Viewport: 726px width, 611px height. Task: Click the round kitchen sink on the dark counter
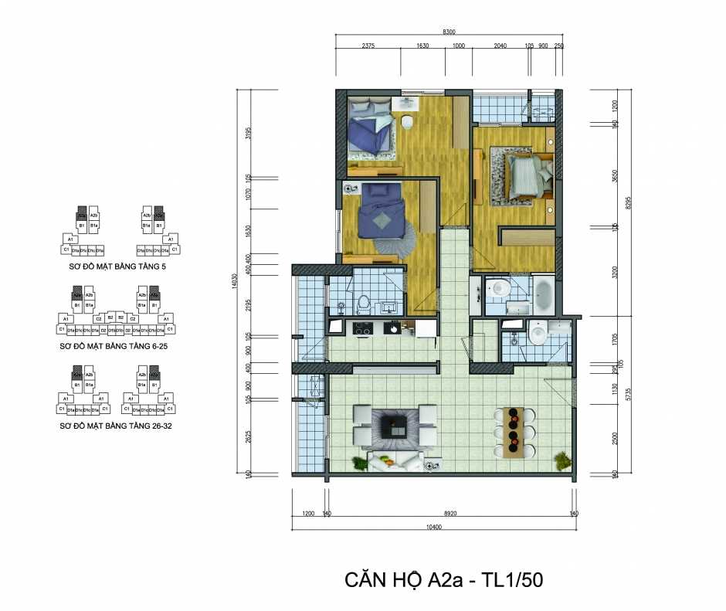(x=395, y=328)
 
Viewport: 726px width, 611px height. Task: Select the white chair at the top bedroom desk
(x=407, y=122)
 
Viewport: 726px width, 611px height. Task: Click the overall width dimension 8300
(x=450, y=32)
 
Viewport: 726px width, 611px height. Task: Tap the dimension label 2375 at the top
(x=368, y=46)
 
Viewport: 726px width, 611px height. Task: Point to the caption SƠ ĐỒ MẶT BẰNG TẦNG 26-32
(x=117, y=426)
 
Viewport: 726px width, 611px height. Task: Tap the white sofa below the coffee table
(x=395, y=462)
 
